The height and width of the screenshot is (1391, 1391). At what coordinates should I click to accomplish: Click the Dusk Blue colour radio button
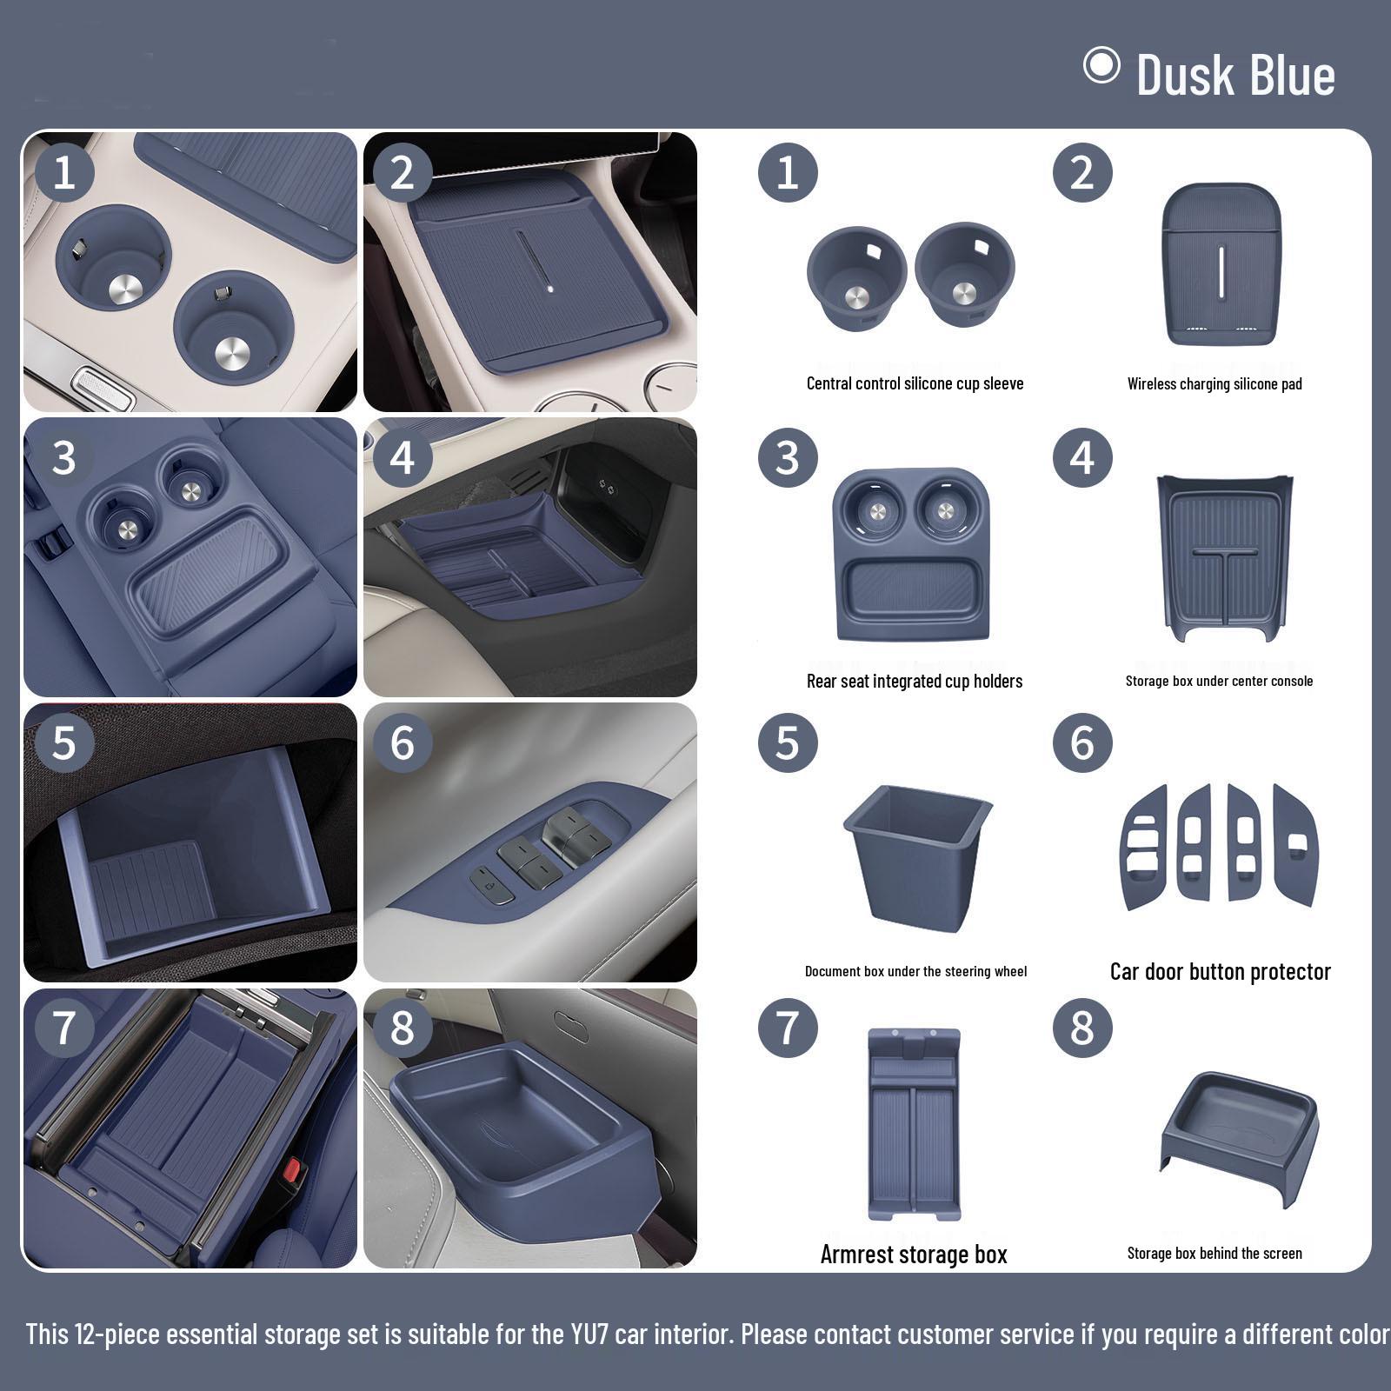tap(1101, 66)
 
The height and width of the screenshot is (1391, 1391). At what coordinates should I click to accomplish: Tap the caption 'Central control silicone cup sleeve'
tap(915, 383)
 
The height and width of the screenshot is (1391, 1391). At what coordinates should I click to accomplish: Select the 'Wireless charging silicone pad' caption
tap(1215, 383)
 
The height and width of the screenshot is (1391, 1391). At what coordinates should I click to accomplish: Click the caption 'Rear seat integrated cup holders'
tap(915, 681)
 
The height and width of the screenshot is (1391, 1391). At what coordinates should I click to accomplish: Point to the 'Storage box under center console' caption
tap(1219, 681)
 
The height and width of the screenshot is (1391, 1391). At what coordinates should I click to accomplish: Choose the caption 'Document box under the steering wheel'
tap(915, 971)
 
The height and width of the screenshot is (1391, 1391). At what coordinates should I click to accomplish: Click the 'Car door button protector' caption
tap(1220, 971)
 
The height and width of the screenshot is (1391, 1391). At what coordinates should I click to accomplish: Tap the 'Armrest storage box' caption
tap(914, 1254)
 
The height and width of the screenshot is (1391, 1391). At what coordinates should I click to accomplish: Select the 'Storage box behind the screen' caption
tap(1215, 1253)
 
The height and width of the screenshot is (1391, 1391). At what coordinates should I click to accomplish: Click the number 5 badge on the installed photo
tap(63, 743)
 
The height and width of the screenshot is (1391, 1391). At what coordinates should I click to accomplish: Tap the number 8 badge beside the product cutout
tap(1082, 1028)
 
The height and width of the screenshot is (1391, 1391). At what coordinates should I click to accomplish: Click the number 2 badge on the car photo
tap(402, 173)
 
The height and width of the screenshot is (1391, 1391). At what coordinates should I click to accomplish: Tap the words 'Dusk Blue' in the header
tap(1235, 75)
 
